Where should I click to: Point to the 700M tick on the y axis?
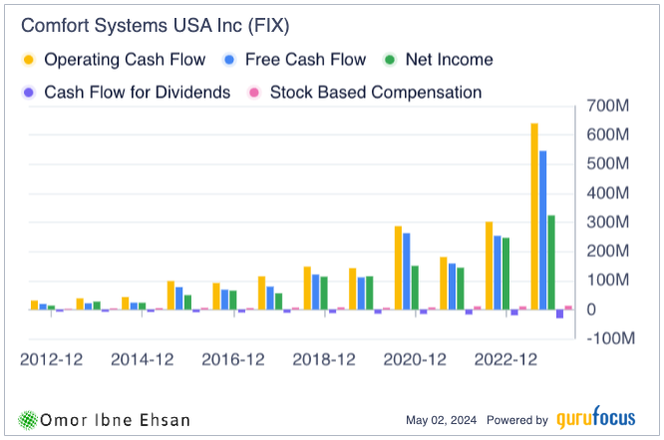608,106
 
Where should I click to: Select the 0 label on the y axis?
597,310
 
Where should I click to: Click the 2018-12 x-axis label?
323,359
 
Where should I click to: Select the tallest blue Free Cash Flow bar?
543,230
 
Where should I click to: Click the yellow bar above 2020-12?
398,268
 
